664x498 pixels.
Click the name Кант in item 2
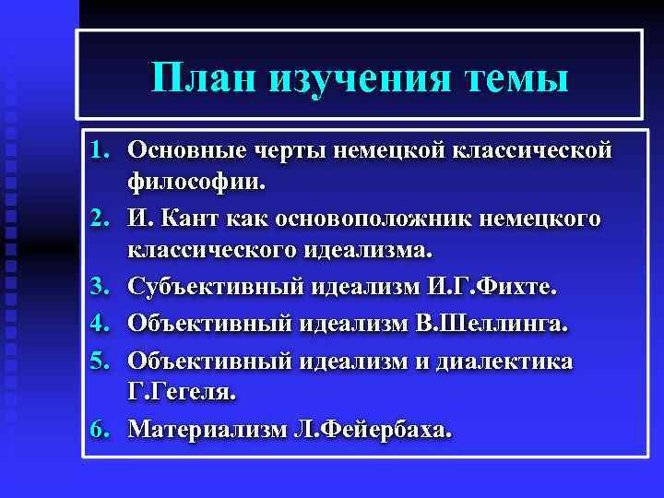[187, 219]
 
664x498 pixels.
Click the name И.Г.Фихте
[494, 289]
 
